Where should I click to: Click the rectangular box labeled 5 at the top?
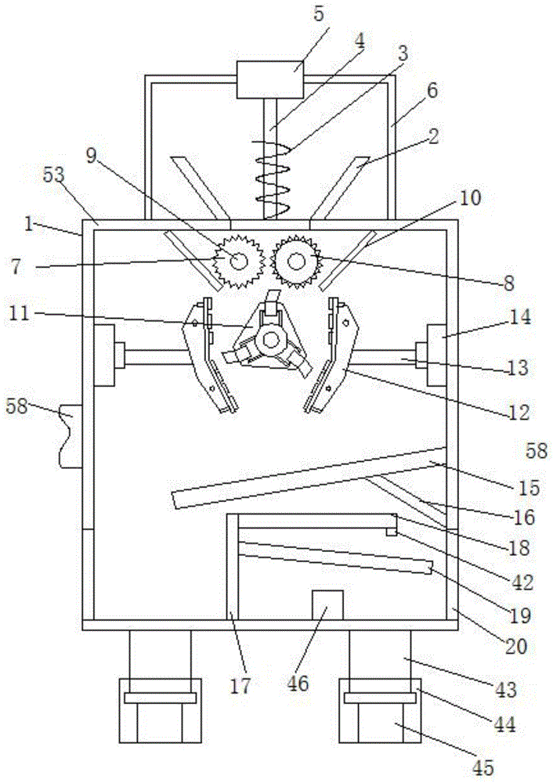tap(269, 79)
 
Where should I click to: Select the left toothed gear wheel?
tap(237, 259)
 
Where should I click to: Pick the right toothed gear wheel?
tap(296, 259)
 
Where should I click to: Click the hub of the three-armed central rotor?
tap(271, 339)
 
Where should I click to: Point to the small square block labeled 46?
tap(327, 604)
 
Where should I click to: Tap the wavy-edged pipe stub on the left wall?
tap(69, 435)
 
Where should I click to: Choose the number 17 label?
tap(240, 687)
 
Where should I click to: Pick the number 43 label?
tap(507, 691)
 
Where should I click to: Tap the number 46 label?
tap(298, 684)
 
